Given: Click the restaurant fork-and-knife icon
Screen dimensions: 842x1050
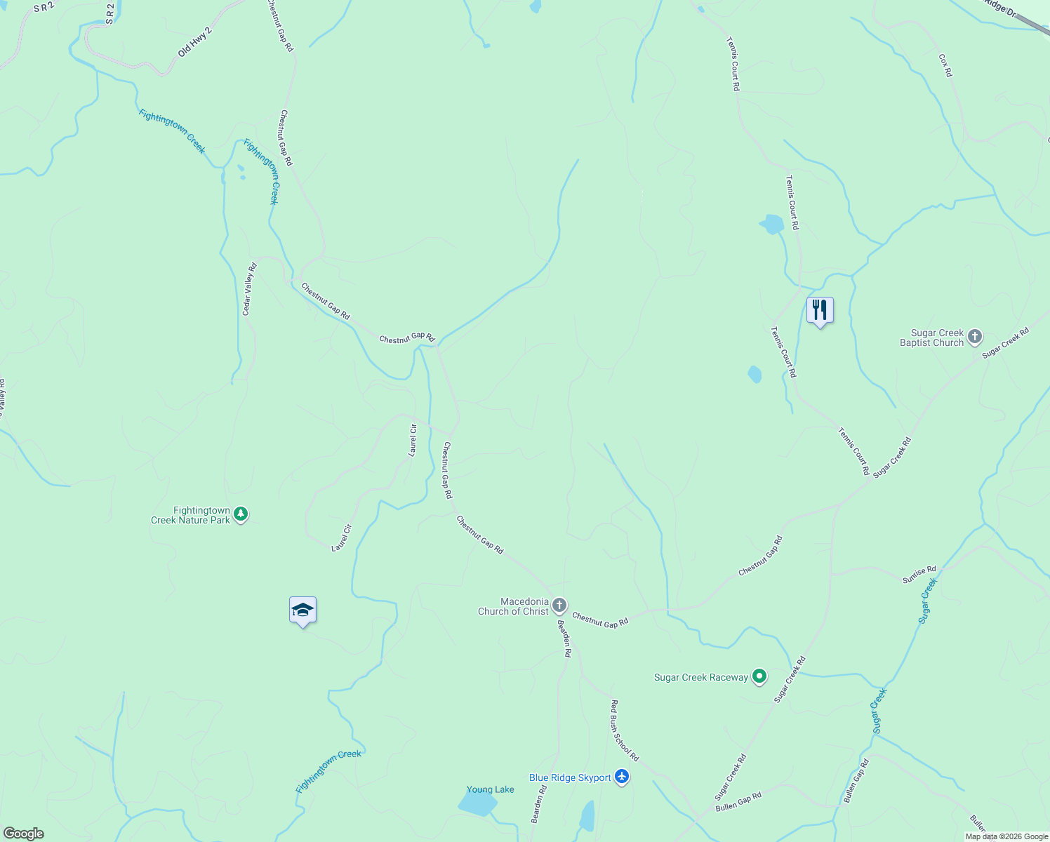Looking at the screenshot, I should click(820, 309).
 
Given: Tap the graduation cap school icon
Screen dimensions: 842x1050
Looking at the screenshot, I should click(303, 609).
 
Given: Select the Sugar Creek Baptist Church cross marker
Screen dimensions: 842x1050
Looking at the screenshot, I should click(975, 337).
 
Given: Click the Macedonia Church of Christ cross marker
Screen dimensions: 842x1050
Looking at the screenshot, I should click(559, 605).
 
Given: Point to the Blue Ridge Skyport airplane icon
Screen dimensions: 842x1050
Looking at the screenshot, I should click(621, 777).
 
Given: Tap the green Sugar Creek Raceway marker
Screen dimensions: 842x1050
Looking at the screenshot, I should click(759, 676).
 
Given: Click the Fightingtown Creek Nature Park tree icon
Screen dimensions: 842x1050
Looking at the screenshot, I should click(241, 514).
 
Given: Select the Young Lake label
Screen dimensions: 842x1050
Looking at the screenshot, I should click(491, 789).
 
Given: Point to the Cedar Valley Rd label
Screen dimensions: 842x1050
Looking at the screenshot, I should click(249, 289).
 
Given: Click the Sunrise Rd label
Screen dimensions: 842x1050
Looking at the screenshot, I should click(919, 575).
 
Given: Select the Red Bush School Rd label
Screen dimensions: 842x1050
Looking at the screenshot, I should click(624, 730).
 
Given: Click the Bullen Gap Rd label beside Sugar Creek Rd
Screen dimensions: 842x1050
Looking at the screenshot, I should click(738, 802).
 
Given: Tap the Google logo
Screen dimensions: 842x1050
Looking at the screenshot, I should click(23, 834).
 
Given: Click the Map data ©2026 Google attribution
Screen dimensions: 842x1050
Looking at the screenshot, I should click(1006, 836).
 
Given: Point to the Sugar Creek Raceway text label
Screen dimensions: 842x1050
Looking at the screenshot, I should click(700, 677).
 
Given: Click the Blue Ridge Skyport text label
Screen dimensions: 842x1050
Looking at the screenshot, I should click(570, 777).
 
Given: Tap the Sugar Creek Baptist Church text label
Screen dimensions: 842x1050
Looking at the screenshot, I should click(931, 338).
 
